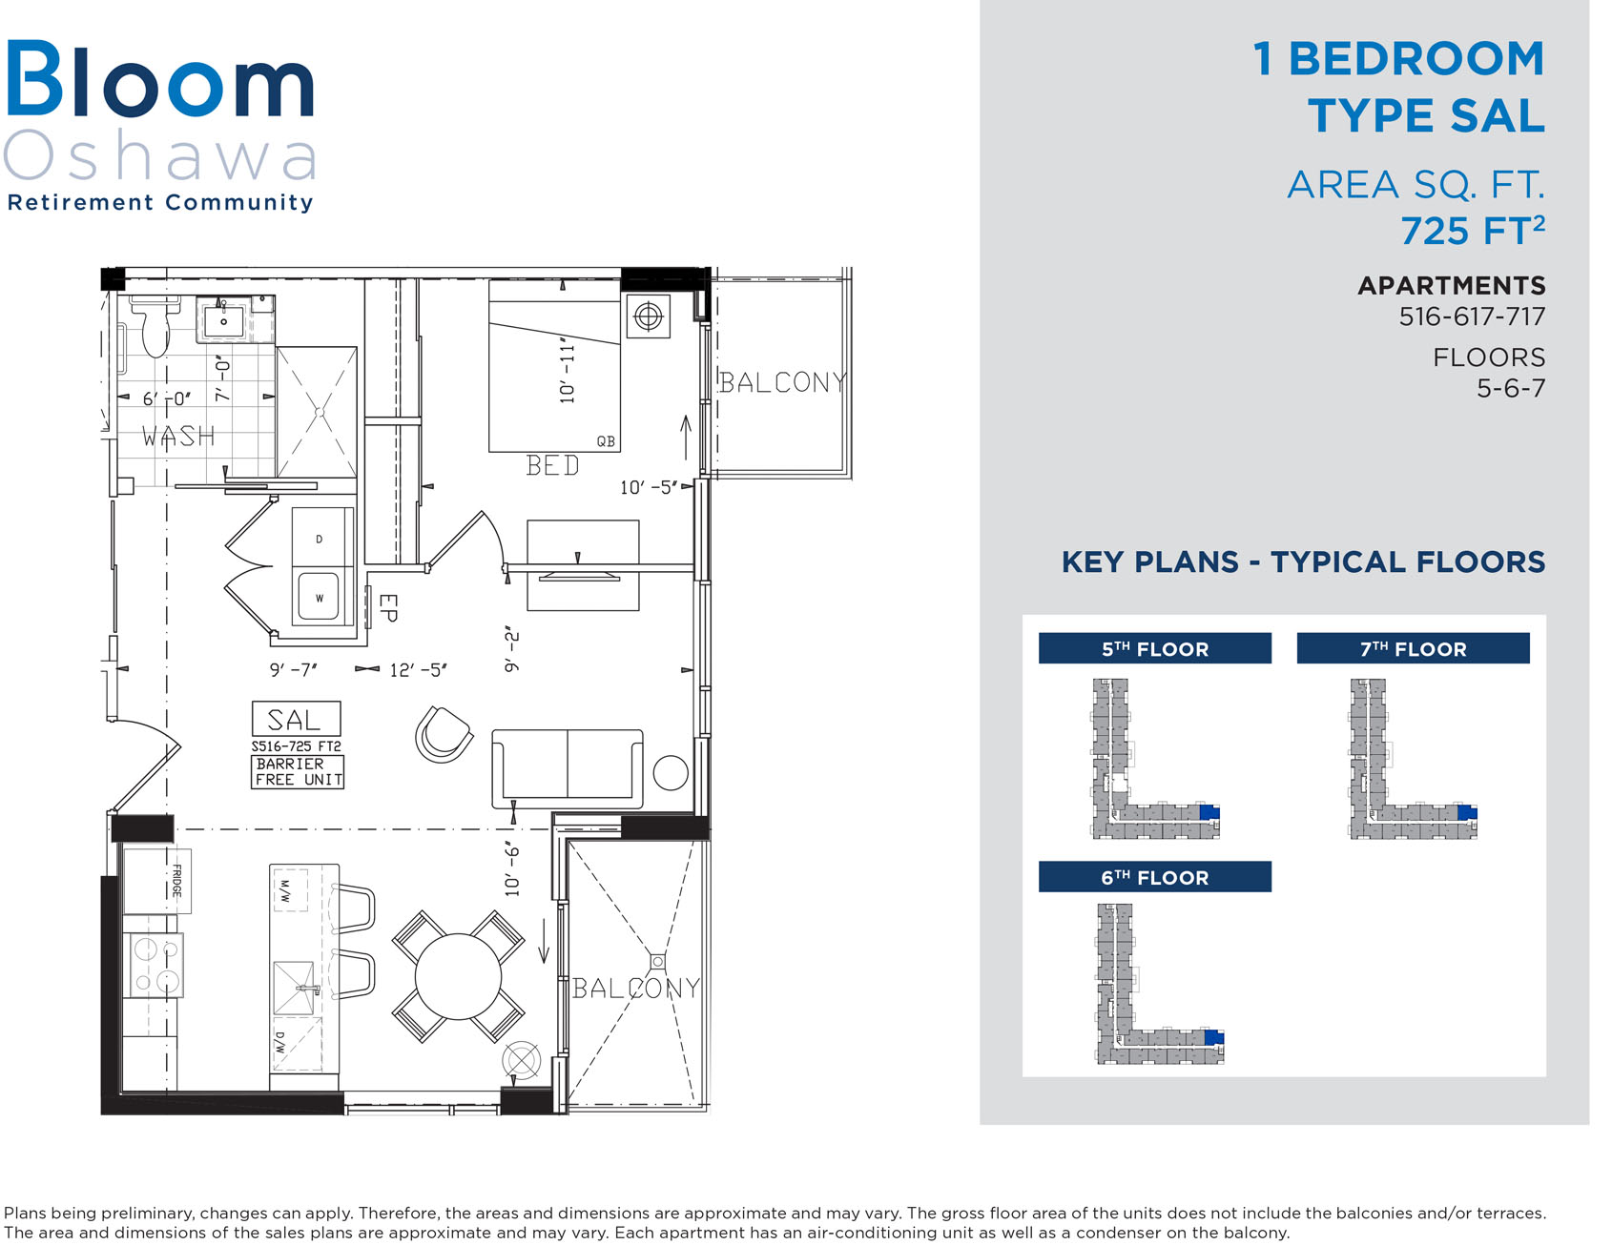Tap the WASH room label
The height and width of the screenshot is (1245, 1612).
point(178,437)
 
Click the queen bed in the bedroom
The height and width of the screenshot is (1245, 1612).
point(554,366)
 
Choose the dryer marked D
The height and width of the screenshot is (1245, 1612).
point(320,539)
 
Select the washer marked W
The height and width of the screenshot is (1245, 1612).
point(320,597)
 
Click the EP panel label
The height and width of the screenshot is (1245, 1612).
point(386,608)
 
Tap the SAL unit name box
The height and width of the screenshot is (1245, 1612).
point(296,719)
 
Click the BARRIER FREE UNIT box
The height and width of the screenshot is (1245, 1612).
point(298,771)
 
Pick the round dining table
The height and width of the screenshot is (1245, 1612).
point(459,977)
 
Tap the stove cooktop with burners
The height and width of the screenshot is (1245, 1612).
point(155,965)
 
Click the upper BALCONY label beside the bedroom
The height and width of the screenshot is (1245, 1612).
point(782,382)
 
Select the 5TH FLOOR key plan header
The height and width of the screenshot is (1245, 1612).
point(1154,648)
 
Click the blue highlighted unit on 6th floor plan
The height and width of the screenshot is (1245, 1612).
point(1213,1038)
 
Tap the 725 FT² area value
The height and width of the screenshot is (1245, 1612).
point(1472,230)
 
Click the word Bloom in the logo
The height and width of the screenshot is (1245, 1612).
point(160,80)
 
